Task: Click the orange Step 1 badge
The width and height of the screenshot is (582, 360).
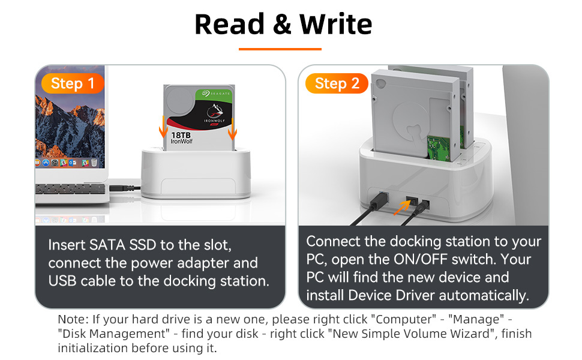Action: coord(73,83)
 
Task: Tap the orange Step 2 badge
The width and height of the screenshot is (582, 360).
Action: coord(337,83)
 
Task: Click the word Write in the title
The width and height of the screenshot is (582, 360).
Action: coord(336,25)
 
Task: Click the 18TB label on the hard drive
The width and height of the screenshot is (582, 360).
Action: coord(184,135)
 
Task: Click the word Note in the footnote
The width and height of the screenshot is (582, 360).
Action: coord(70,319)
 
